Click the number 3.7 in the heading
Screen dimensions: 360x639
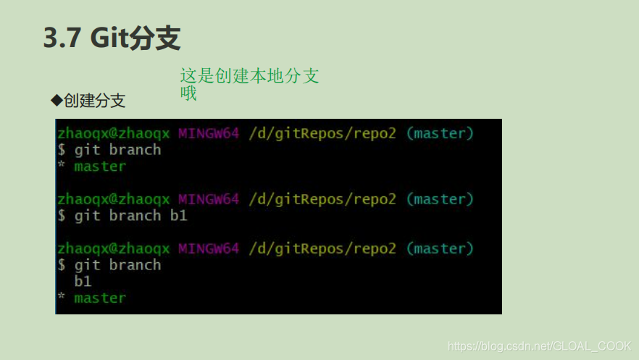click(x=63, y=38)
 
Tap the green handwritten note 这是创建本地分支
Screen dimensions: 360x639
click(x=249, y=76)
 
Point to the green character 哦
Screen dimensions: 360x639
click(x=188, y=93)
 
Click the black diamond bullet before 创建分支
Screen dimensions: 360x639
click(x=55, y=99)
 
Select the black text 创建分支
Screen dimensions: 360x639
click(x=94, y=100)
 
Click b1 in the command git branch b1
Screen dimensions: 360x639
click(x=178, y=216)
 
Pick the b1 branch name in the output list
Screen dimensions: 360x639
click(x=83, y=281)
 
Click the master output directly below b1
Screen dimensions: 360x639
click(x=100, y=298)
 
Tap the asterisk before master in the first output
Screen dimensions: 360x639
click(x=62, y=167)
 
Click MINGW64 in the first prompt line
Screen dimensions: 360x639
click(x=209, y=133)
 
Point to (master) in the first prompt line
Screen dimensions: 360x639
click(x=440, y=133)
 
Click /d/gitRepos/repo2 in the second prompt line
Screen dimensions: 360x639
click(x=322, y=199)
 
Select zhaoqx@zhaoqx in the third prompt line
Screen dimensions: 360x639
click(x=113, y=248)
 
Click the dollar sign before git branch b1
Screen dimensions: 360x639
click(x=62, y=216)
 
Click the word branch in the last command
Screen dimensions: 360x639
click(x=135, y=265)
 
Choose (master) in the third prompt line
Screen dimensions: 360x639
click(x=440, y=248)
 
